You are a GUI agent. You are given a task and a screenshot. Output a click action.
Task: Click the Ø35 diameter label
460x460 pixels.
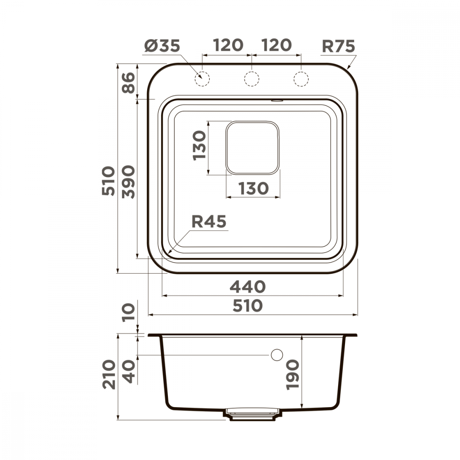162,46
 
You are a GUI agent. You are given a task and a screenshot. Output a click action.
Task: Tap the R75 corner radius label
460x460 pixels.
338,46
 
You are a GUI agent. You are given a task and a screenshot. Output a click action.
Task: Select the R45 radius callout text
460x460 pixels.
209,222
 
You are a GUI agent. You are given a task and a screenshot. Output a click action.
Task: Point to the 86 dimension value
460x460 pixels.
128,83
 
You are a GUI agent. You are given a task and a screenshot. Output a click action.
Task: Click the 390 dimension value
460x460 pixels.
128,182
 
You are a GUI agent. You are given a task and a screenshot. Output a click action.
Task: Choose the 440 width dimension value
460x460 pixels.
247,287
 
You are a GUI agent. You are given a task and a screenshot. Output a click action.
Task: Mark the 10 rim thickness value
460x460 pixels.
128,312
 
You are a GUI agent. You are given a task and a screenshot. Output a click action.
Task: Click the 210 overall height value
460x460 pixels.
109,374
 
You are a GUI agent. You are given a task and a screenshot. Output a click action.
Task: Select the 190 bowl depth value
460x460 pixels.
293,374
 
